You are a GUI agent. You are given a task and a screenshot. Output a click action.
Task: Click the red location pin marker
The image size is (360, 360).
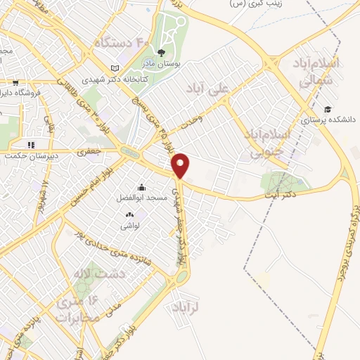[x=181, y=165]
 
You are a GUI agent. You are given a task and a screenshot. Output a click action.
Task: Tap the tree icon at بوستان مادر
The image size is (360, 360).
[x=162, y=52]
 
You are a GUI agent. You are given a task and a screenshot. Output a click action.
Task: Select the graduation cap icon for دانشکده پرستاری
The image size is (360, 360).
[x=327, y=109]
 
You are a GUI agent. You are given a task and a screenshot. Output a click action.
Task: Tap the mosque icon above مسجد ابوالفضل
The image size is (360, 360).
[x=142, y=187]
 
